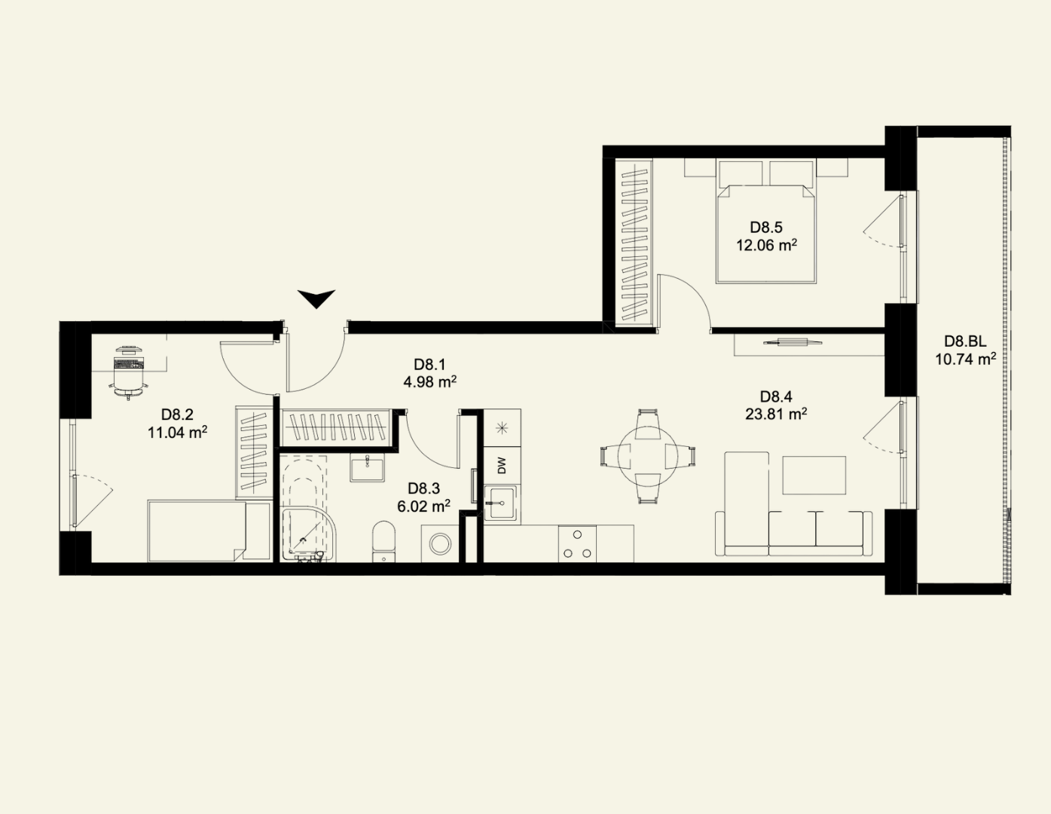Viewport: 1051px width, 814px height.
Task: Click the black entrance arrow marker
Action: (316, 298)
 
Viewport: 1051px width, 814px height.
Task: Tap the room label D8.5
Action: (766, 227)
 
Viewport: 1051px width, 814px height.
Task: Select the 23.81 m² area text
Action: (776, 415)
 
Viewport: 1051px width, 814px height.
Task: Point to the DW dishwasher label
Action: (502, 466)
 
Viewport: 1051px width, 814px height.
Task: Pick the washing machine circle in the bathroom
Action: (441, 543)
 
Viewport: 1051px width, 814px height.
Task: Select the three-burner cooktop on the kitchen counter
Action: (578, 543)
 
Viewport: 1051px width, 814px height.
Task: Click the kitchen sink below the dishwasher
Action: (500, 503)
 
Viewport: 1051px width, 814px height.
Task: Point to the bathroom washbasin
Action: (367, 468)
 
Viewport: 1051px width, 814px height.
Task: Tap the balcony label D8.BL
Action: (965, 341)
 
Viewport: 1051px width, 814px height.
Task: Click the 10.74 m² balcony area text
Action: (965, 360)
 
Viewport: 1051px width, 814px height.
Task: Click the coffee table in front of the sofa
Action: (814, 475)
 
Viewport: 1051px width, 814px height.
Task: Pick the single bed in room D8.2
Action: (209, 531)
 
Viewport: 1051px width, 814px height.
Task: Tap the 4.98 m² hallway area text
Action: (430, 382)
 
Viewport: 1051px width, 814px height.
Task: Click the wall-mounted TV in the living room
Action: (793, 342)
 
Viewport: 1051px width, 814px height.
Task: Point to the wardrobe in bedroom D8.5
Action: (634, 243)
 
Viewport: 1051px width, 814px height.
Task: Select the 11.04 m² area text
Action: (178, 433)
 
